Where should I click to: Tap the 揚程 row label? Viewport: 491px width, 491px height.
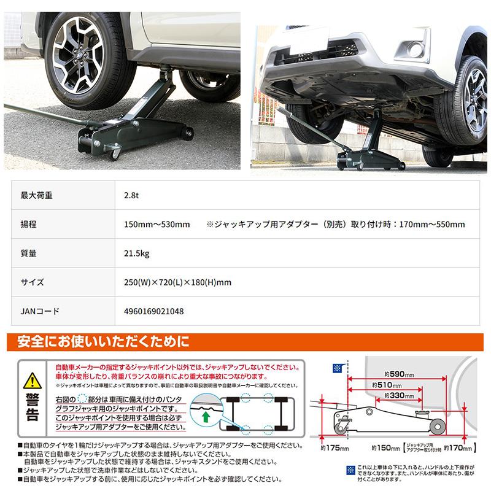[x=29, y=225]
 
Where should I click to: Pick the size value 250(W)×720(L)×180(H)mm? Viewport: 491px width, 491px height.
[x=177, y=282]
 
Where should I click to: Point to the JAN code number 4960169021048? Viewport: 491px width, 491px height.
[x=153, y=311]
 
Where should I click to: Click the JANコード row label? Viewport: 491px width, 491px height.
[x=40, y=311]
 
